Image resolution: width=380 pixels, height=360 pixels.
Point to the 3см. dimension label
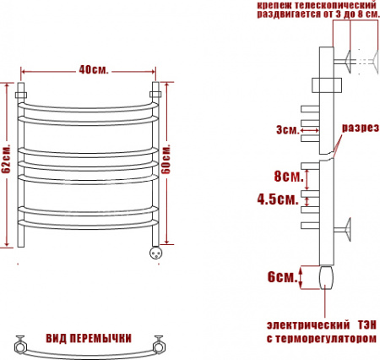[286, 129]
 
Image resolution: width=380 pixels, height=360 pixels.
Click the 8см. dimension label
[288, 177]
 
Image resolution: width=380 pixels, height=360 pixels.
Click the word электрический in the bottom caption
[308, 325]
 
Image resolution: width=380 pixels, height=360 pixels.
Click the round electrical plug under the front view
[155, 251]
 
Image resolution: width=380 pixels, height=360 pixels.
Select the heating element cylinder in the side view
[327, 276]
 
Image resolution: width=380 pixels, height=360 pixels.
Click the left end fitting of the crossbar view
[20, 343]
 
